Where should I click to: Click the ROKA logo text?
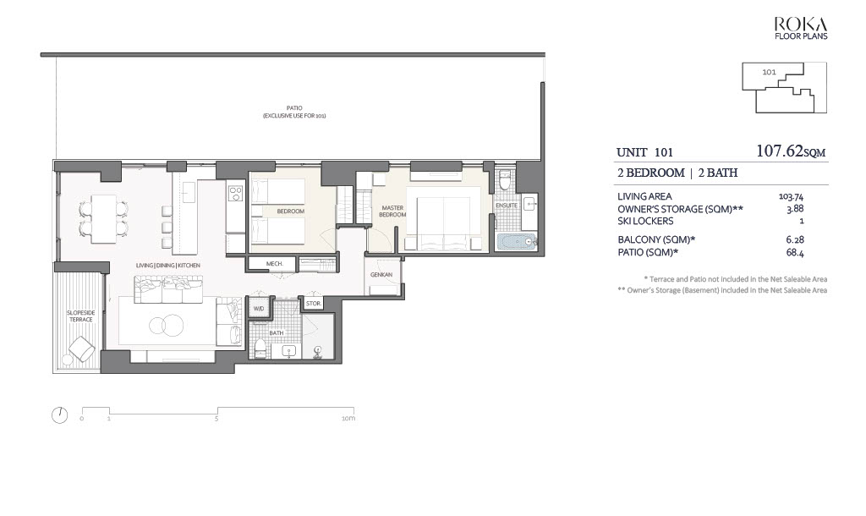801,25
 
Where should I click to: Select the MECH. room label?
275,264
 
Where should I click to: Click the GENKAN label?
381,275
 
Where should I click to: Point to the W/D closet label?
259,308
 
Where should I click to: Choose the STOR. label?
313,304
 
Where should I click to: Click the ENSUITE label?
507,206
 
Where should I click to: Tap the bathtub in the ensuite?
517,242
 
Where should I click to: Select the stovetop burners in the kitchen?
235,193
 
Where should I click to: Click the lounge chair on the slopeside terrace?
81,348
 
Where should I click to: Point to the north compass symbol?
60,414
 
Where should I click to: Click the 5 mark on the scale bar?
216,419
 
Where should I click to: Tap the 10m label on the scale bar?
348,419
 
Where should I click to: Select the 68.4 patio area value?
795,252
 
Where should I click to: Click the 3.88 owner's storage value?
795,209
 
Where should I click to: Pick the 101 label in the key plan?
769,72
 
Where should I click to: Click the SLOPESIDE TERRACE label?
80,316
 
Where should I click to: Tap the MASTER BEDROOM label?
392,211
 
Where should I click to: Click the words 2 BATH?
717,173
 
